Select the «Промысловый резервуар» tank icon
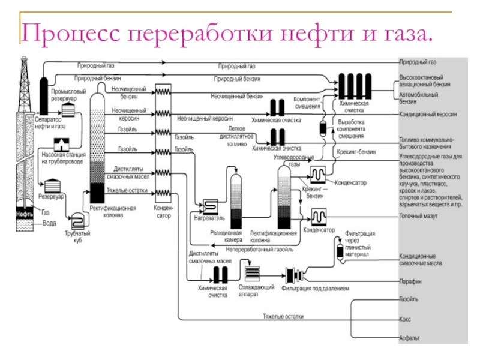pos(70,110)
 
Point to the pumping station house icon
pos(61,145)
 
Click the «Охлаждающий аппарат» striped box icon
pos(253,273)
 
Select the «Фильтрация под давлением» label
pos(314,288)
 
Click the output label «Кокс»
pos(406,320)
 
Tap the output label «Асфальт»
pos(410,338)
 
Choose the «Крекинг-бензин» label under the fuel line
pos(356,152)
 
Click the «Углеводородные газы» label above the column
pos(290,160)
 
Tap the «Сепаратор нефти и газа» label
pos(49,122)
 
